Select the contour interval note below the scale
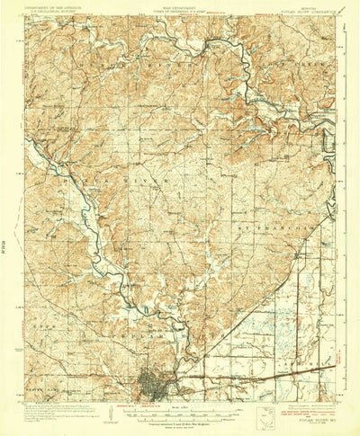180,414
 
